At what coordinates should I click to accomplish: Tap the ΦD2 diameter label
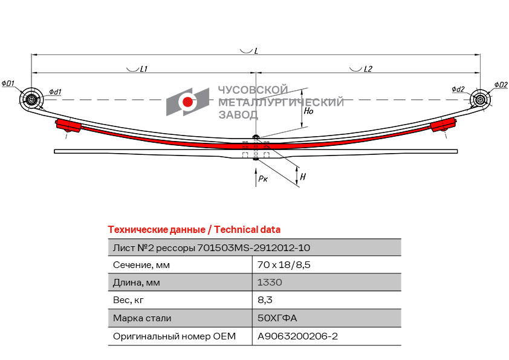click(x=501, y=84)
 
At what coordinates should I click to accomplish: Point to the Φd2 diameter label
click(x=458, y=90)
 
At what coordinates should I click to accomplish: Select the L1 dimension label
click(x=144, y=70)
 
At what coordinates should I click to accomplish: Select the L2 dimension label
click(x=368, y=70)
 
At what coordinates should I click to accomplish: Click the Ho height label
click(x=308, y=111)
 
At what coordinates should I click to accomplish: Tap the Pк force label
click(x=262, y=178)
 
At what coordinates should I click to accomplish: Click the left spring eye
click(x=30, y=99)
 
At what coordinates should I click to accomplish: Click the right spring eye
click(x=480, y=99)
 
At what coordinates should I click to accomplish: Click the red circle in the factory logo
click(x=188, y=102)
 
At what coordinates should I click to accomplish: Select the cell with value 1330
click(x=270, y=282)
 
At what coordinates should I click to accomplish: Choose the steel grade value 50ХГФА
click(x=277, y=318)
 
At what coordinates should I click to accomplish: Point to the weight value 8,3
click(x=265, y=299)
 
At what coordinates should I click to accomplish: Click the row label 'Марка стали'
click(x=142, y=318)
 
